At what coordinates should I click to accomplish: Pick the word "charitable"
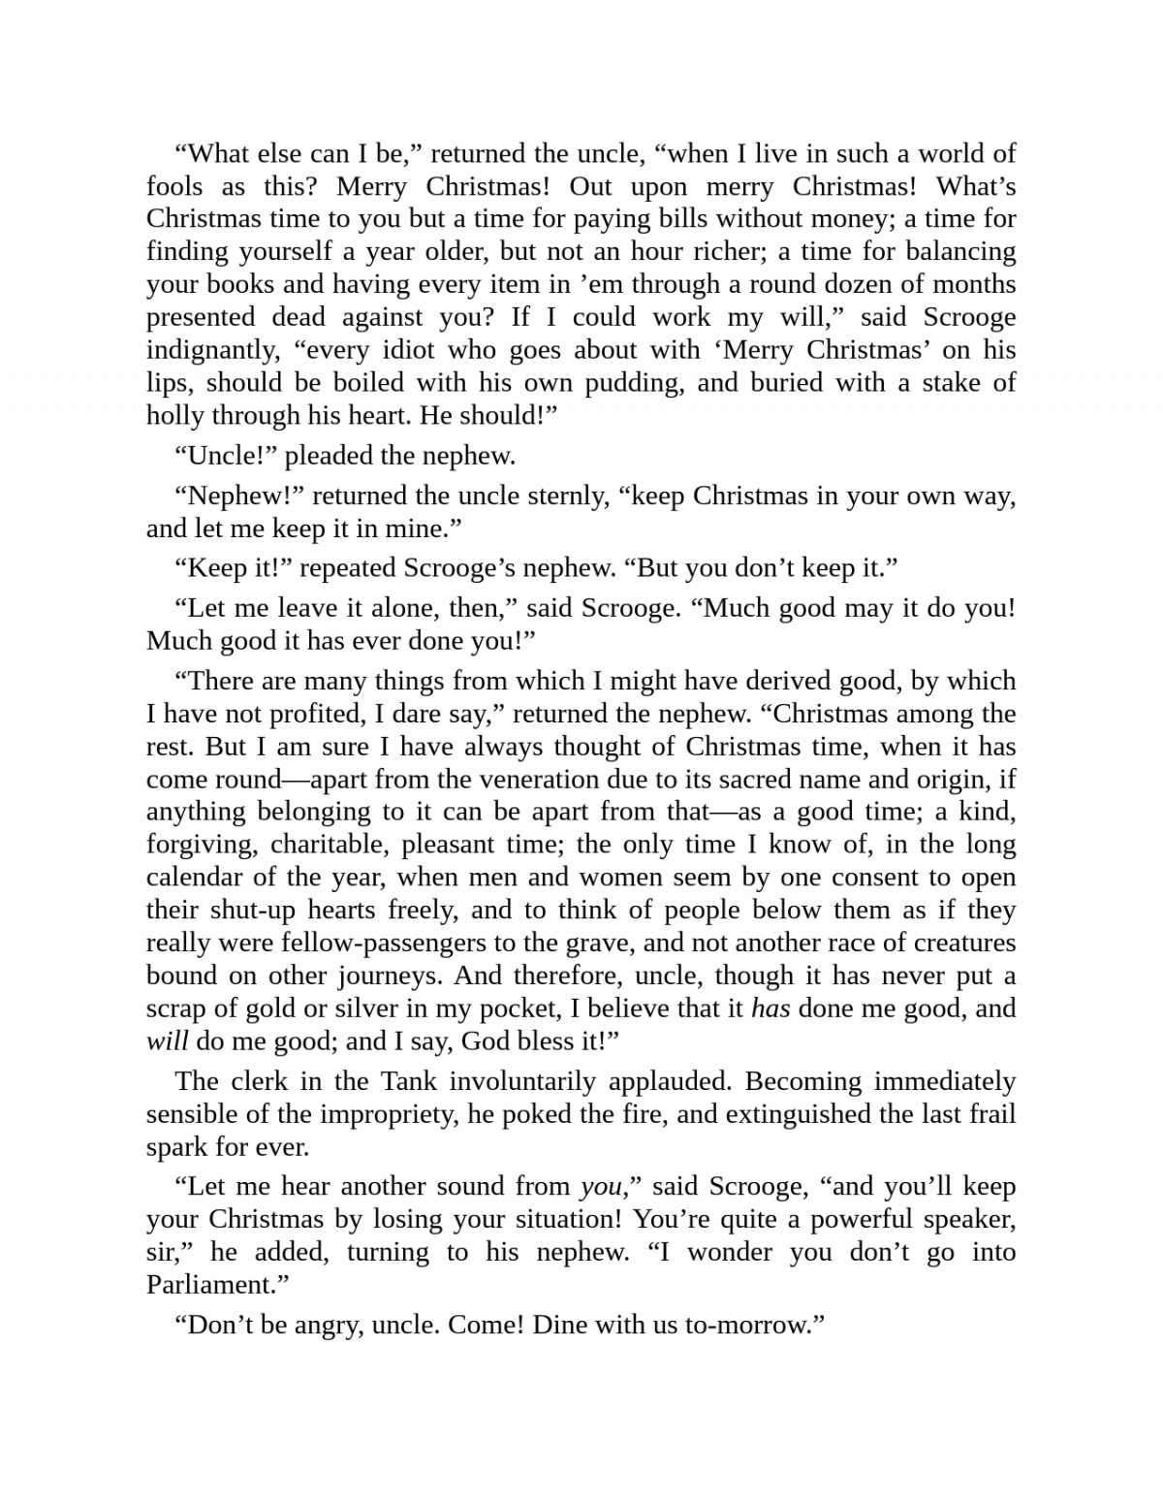click(x=330, y=845)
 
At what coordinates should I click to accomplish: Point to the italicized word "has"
click(x=770, y=1009)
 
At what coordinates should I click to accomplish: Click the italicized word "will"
click(x=167, y=1041)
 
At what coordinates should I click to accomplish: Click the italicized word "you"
click(x=600, y=1187)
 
